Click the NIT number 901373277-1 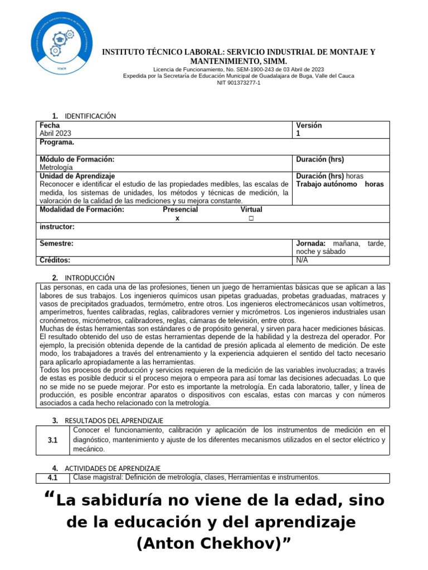tap(238, 83)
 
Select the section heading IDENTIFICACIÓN tap(90, 116)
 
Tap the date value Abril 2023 tap(55, 134)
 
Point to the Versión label tap(309, 125)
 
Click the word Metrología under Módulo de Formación tap(56, 167)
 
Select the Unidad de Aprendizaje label tap(77, 176)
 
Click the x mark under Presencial tap(177, 218)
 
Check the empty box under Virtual tap(251, 218)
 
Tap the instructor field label tap(57, 227)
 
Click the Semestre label tap(56, 243)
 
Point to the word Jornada tap(310, 243)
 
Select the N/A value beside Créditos tap(302, 260)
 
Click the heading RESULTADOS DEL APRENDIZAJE tap(114, 420)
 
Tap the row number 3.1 tap(53, 440)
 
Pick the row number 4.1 tap(53, 478)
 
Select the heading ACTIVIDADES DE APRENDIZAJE tap(113, 468)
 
